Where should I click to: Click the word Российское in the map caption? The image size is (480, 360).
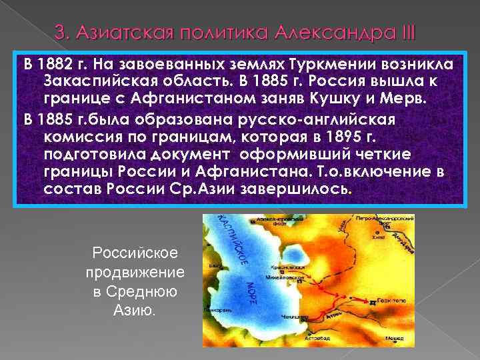point(135,253)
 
